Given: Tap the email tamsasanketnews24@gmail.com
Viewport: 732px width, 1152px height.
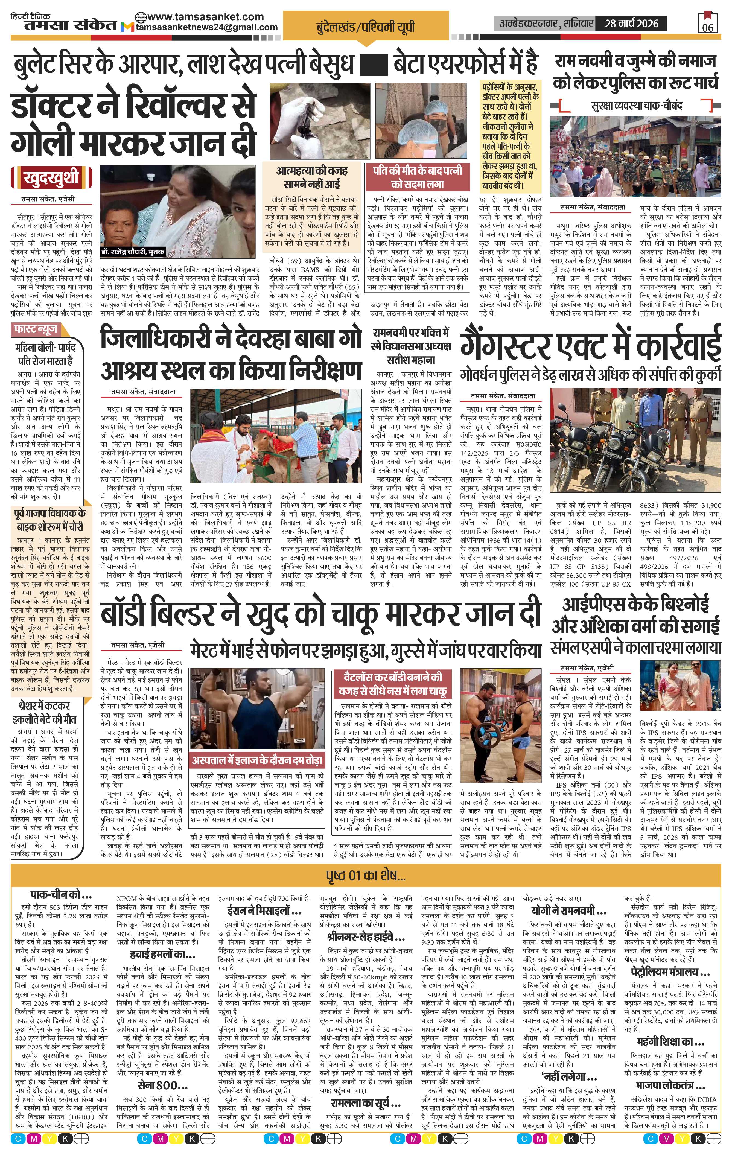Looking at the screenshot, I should click(x=207, y=27).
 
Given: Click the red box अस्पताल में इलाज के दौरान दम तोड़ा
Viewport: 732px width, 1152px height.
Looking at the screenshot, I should click(x=257, y=760).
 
